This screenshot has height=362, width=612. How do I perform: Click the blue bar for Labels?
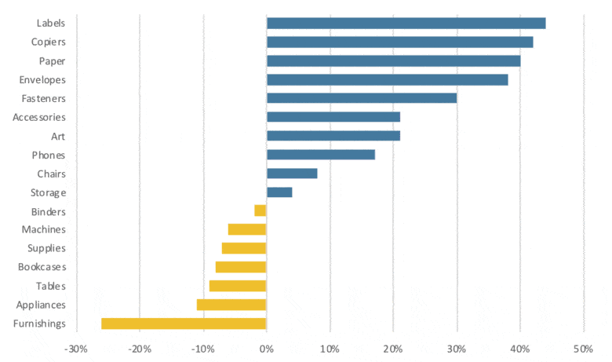(406, 23)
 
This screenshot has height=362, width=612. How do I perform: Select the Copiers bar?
(399, 42)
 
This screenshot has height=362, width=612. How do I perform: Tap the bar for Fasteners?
(362, 98)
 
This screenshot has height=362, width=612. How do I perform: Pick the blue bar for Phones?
(321, 155)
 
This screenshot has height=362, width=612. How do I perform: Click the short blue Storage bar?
(279, 192)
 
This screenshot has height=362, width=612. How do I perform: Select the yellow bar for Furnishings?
(184, 324)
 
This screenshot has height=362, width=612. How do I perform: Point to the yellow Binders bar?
(260, 211)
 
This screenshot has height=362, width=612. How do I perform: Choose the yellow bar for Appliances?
(231, 305)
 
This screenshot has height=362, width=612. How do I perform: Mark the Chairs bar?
(292, 174)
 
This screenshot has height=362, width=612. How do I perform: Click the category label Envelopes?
(42, 79)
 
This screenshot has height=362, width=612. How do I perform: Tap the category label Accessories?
(39, 117)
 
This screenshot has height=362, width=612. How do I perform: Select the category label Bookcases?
(42, 267)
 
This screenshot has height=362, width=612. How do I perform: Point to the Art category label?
(57, 136)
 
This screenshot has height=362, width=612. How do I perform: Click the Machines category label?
(43, 229)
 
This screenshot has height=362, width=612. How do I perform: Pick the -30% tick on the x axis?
(76, 349)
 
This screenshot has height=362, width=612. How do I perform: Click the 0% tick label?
(267, 349)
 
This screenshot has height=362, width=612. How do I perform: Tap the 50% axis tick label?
(583, 349)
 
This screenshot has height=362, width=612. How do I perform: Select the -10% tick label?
(203, 349)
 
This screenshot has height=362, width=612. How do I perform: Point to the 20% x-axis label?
(393, 349)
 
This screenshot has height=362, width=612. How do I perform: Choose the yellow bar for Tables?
(238, 286)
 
